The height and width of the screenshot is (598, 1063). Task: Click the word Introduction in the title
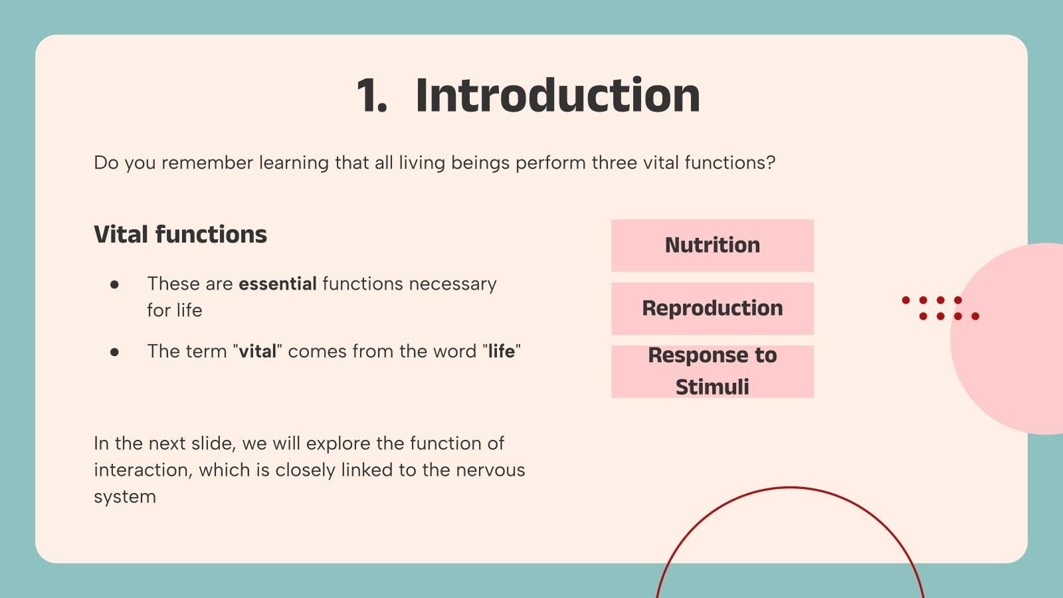557,96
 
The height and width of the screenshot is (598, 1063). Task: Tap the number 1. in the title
371,96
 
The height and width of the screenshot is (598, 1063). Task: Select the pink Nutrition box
712,245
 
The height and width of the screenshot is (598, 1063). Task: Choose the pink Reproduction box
712,308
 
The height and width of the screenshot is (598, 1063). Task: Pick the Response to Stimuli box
712,371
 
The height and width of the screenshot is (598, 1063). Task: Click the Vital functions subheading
180,235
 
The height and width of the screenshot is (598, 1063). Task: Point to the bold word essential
278,284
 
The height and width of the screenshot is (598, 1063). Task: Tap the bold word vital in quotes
257,351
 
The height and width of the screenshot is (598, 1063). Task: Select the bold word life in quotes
501,351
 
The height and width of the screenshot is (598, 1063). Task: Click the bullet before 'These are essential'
114,285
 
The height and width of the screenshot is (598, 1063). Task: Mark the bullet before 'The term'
114,352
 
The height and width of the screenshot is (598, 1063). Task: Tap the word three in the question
615,163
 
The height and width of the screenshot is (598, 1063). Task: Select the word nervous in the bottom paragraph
490,470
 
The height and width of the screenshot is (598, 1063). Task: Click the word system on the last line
125,498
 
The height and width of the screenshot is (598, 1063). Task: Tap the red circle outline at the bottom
790,488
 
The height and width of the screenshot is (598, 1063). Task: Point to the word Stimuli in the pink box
712,387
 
